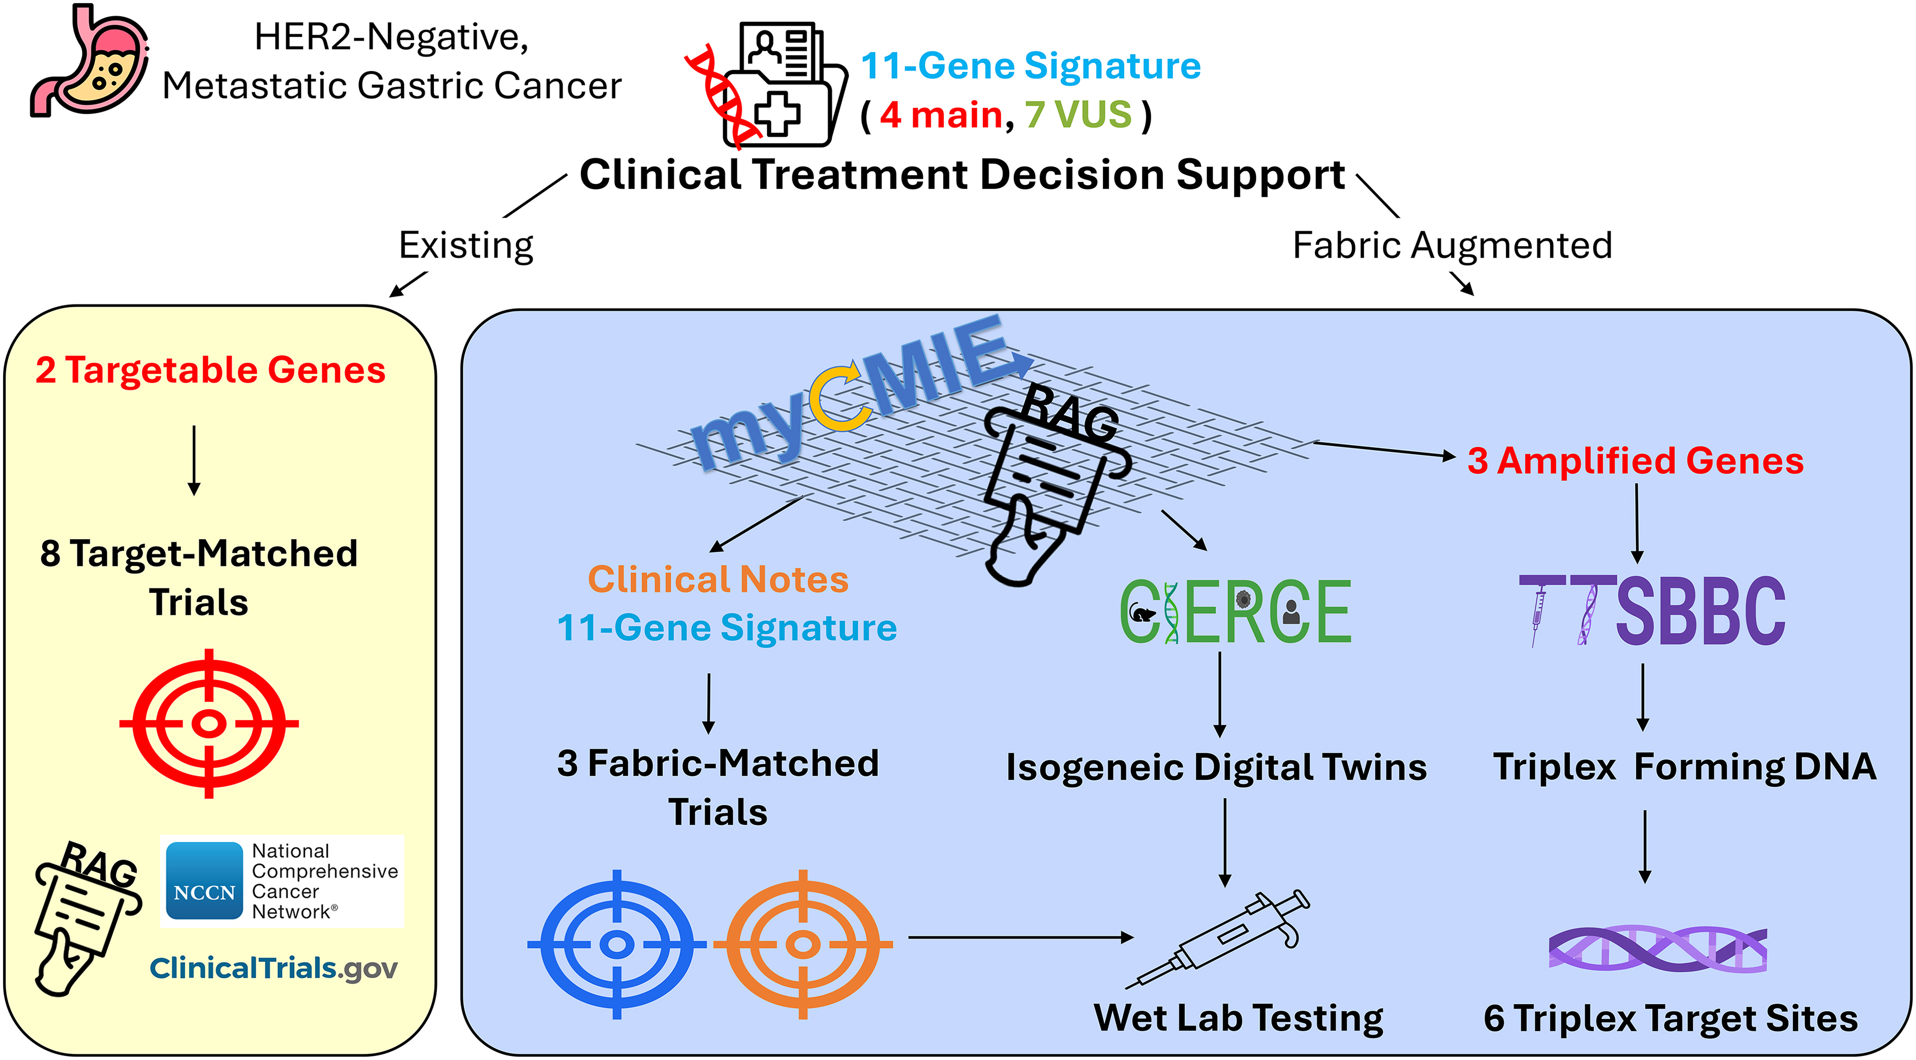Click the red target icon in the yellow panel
[209, 723]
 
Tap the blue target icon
[616, 944]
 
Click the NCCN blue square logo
[204, 881]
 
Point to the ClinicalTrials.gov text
[274, 969]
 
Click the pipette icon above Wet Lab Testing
[1218, 939]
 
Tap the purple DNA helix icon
[1658, 948]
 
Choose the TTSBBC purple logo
[1652, 610]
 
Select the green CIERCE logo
[1235, 611]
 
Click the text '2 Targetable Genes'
[210, 370]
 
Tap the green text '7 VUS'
[1078, 114]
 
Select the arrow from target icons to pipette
[1021, 937]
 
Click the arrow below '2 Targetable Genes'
[194, 460]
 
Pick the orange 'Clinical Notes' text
[718, 579]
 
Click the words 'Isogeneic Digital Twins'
[1216, 768]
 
